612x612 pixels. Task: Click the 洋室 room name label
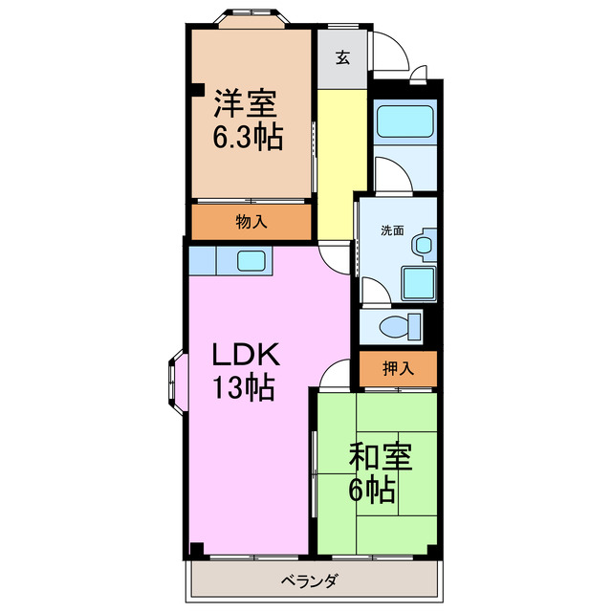pos(247,102)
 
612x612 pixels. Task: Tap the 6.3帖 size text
pos(247,137)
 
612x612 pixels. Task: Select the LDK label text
pos(245,356)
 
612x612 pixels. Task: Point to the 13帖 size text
pos(244,389)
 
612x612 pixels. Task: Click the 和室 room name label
pos(380,458)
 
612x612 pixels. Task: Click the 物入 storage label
pos(251,222)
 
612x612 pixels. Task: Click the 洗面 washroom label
pos(392,230)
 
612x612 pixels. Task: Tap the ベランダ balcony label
pos(312,580)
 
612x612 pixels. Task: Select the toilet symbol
pos(400,325)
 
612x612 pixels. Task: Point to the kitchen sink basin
pos(251,260)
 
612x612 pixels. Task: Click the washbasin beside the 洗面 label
pos(423,245)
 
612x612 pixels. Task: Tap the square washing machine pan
pos(417,283)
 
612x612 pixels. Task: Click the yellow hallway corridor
pos(342,163)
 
